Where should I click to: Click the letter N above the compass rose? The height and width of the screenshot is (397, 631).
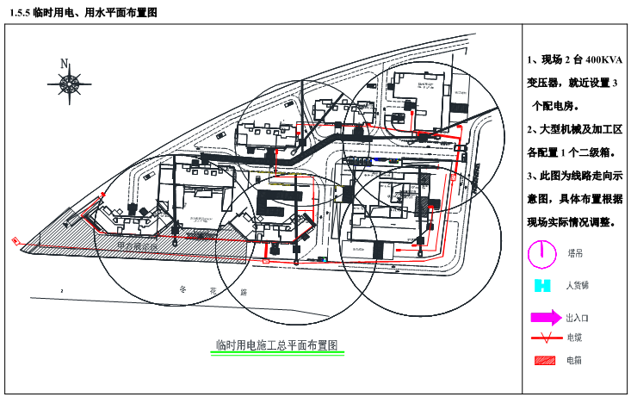point(64,64)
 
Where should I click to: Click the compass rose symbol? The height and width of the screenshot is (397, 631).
point(69,83)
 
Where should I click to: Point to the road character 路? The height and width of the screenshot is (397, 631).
point(244,293)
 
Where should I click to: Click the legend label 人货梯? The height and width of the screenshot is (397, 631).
point(577,285)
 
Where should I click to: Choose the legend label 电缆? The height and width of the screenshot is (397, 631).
point(573,338)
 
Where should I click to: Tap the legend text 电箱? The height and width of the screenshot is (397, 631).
point(574,361)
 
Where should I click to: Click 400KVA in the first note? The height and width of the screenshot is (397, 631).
point(602,61)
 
